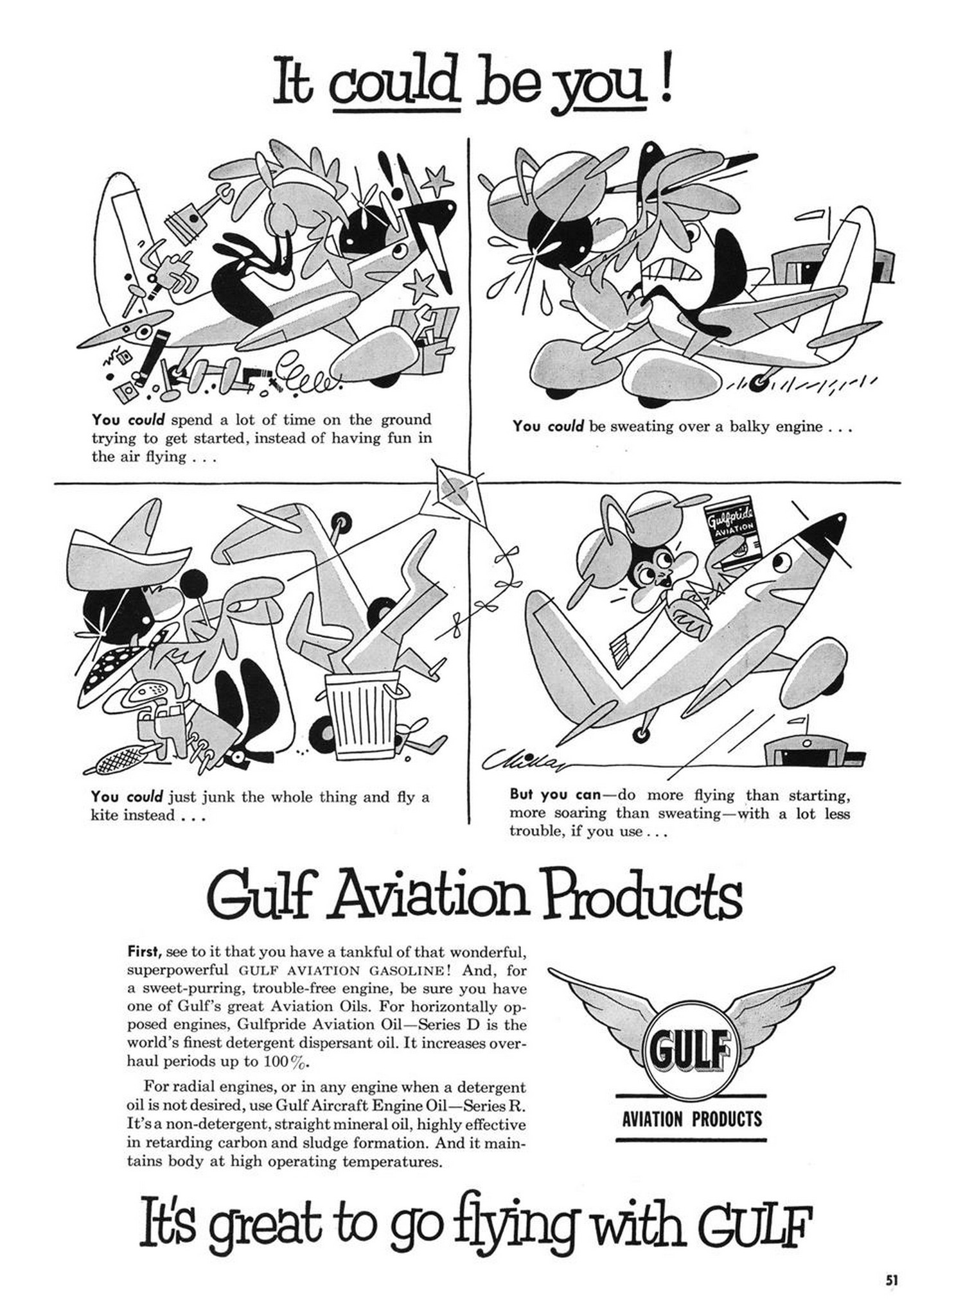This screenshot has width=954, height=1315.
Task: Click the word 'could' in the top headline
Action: click(394, 85)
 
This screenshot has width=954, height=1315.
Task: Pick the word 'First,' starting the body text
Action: click(145, 951)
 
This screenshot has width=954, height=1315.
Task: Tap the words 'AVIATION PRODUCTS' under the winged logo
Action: click(691, 1120)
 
